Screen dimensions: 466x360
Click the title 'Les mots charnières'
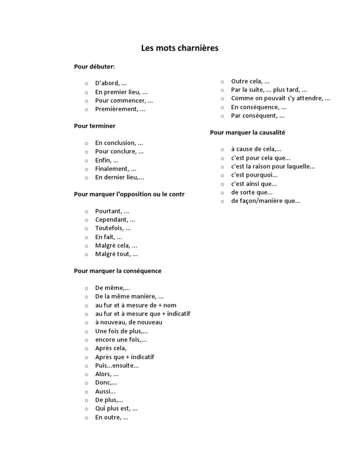(x=180, y=48)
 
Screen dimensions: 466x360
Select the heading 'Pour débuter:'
(x=94, y=67)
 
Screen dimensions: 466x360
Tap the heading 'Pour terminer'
(x=95, y=126)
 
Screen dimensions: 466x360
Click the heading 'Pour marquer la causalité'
(x=247, y=133)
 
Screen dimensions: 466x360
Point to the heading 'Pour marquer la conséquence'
(x=118, y=271)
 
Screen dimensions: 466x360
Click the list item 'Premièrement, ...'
(x=120, y=109)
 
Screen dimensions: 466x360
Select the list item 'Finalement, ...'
(x=115, y=169)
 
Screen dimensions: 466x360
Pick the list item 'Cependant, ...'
(x=115, y=219)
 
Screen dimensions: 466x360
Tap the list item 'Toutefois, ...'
(x=113, y=228)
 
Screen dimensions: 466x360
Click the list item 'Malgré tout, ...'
(x=116, y=254)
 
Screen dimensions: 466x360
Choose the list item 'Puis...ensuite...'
(x=117, y=366)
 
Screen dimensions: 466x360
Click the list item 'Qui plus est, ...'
(x=116, y=408)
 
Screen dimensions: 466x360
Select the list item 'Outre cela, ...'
(x=250, y=81)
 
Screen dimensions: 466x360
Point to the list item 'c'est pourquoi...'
(x=254, y=175)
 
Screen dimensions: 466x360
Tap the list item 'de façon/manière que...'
(x=265, y=201)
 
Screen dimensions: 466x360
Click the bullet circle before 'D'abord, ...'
(x=87, y=83)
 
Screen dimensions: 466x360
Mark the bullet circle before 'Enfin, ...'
(x=87, y=161)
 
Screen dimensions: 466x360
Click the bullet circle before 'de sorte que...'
(x=223, y=193)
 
